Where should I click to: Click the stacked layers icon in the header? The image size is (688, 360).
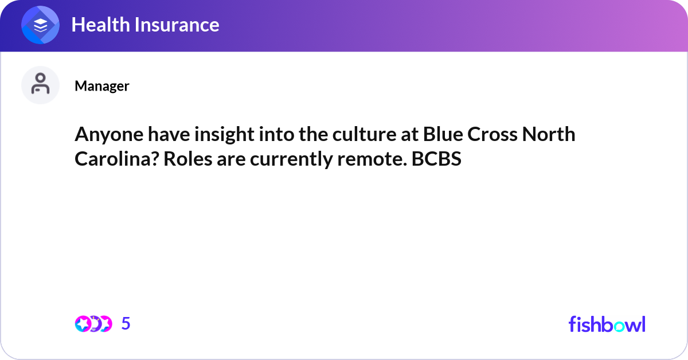click(41, 25)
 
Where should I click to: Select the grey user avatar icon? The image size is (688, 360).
click(40, 85)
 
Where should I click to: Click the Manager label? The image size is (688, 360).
click(101, 86)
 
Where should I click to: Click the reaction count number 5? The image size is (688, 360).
click(126, 324)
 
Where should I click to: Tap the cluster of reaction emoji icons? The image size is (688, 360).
click(93, 324)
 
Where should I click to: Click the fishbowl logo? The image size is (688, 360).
click(607, 324)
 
